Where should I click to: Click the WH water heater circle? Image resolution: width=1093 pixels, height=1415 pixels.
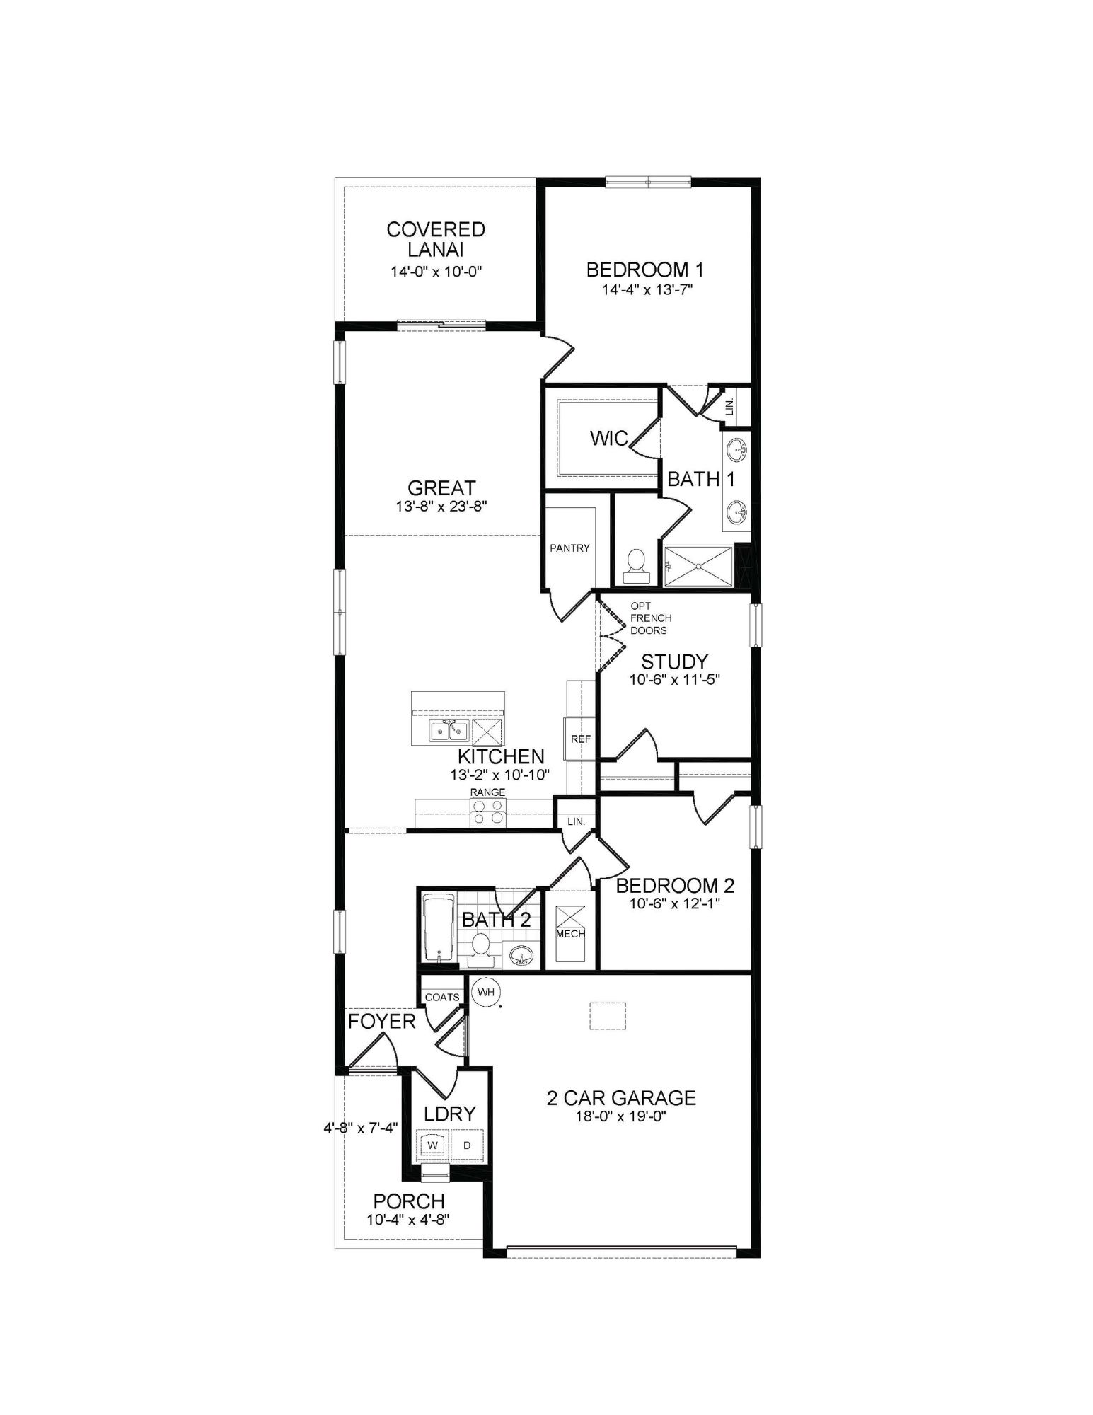[485, 992]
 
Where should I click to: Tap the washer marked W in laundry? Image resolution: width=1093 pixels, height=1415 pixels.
[433, 1145]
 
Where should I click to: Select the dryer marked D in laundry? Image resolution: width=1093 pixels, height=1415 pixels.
[467, 1145]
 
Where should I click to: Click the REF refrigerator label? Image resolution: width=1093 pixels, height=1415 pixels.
[580, 739]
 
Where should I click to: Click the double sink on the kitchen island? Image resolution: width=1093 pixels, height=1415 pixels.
[449, 731]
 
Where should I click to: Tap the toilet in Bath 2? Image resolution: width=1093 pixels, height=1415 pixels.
[481, 948]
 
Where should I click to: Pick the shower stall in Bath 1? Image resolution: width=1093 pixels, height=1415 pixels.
[699, 566]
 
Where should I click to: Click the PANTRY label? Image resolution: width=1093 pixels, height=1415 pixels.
[569, 548]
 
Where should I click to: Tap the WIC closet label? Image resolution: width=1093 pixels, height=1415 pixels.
[608, 439]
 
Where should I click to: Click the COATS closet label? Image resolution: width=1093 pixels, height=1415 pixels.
[442, 997]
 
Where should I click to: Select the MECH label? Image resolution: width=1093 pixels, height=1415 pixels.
[570, 934]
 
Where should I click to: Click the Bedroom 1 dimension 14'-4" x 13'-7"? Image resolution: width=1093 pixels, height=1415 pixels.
[644, 289]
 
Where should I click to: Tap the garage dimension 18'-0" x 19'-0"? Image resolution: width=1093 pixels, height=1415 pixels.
[621, 1116]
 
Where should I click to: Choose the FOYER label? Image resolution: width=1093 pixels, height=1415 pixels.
[381, 1021]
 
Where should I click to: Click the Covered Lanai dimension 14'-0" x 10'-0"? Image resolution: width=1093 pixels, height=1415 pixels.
[436, 271]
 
